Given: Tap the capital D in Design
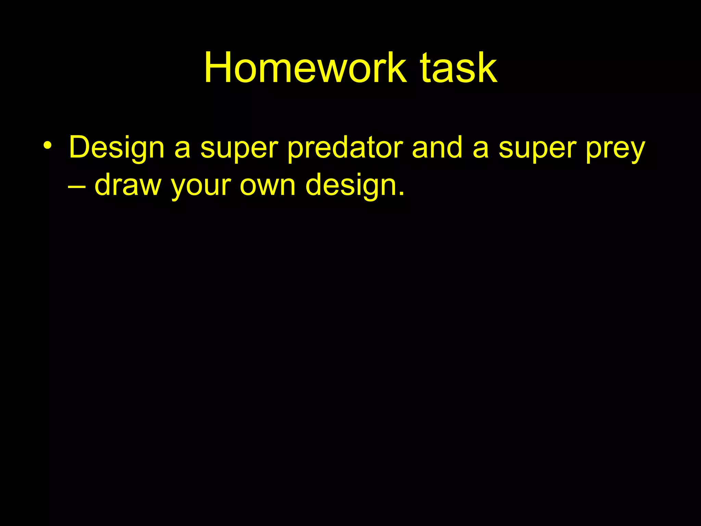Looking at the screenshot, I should [x=81, y=147].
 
